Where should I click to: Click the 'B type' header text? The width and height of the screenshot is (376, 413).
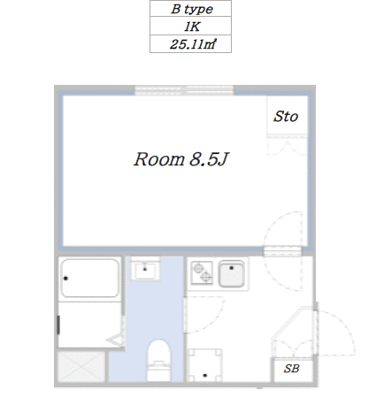pyautogui.click(x=188, y=11)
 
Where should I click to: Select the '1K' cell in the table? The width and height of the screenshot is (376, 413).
pyautogui.click(x=188, y=27)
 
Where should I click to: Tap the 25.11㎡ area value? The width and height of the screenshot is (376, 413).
pyautogui.click(x=188, y=44)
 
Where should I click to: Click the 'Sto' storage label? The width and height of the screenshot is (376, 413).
pyautogui.click(x=286, y=116)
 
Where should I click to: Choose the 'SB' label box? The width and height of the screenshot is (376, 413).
pyautogui.click(x=291, y=369)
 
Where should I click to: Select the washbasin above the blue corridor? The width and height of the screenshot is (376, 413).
pyautogui.click(x=145, y=269)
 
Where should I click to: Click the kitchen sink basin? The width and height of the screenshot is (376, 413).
pyautogui.click(x=233, y=276)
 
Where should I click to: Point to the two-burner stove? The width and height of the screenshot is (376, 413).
pyautogui.click(x=202, y=274)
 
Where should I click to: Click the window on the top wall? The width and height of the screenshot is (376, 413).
pyautogui.click(x=184, y=90)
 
